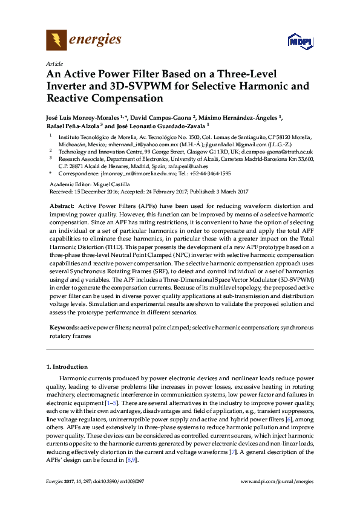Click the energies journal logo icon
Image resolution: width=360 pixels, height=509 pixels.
point(56,41)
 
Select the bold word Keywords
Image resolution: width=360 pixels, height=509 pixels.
point(64,327)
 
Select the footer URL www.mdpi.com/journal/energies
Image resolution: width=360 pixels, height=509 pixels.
point(277,481)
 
